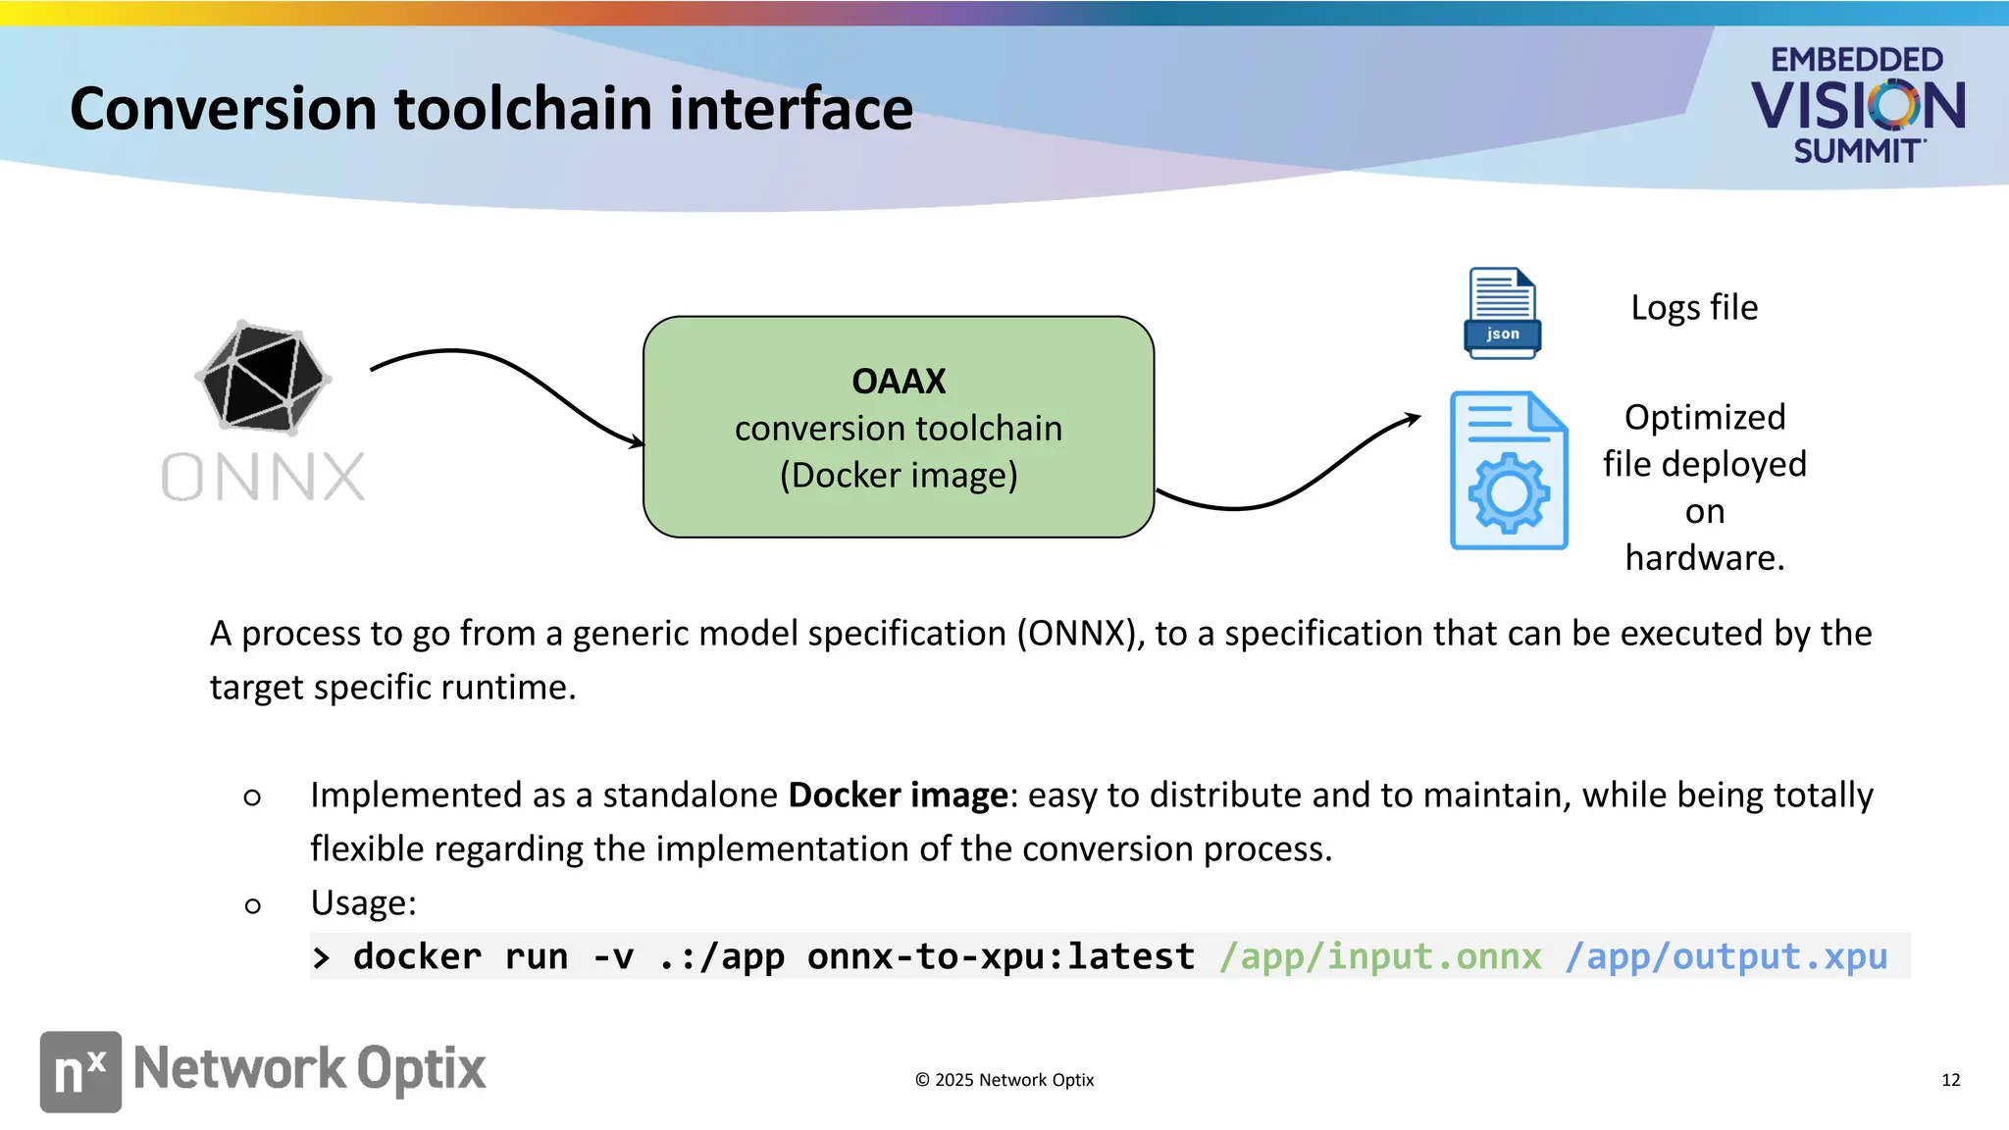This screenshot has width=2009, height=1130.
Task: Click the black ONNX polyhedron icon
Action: tap(263, 377)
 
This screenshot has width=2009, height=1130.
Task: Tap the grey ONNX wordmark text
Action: tap(263, 478)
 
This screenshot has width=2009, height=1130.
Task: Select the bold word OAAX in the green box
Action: tap(899, 381)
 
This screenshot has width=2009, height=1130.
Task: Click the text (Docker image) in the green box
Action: tap(899, 476)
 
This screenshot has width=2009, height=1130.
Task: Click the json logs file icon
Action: tap(1502, 313)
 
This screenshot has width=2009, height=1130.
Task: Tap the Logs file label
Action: tap(1694, 308)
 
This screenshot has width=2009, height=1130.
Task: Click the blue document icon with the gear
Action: tap(1509, 471)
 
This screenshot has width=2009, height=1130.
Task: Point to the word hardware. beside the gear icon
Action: tap(1704, 557)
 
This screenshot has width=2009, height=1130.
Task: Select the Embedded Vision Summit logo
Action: tap(1857, 104)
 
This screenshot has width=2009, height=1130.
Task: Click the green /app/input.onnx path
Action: tap(1380, 956)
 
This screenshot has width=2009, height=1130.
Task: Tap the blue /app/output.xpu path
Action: tap(1726, 956)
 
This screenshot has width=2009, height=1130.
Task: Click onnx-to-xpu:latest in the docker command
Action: tap(1001, 956)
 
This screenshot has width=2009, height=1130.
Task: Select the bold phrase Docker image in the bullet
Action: tap(898, 795)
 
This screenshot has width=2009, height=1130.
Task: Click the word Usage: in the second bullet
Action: tap(363, 902)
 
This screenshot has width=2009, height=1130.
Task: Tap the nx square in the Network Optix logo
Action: tap(80, 1071)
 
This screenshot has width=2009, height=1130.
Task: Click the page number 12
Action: tap(1950, 1080)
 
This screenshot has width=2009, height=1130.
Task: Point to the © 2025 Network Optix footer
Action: tap(1004, 1080)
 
